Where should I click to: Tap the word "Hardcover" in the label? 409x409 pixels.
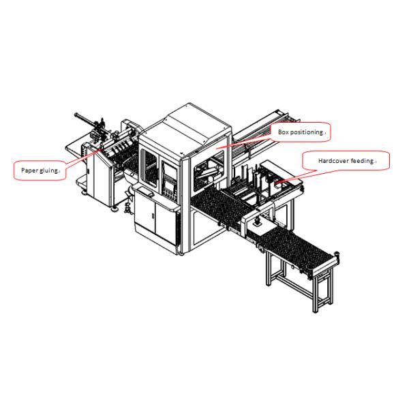[x=332, y=162]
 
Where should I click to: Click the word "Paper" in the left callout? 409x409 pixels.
[x=27, y=170]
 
